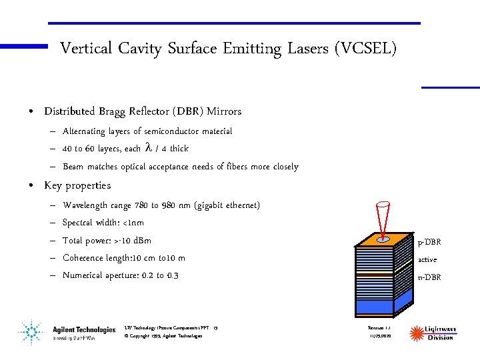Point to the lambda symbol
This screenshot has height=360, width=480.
148,148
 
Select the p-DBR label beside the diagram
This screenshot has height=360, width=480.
429,242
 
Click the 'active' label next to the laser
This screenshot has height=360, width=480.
427,260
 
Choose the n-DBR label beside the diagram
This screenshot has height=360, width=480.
429,277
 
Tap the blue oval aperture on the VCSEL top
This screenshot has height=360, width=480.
383,239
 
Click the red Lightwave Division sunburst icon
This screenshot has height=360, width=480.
417,333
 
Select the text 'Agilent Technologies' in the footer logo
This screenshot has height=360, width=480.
84,329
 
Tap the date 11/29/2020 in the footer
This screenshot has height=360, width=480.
379,336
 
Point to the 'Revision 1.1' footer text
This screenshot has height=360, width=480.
379,328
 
